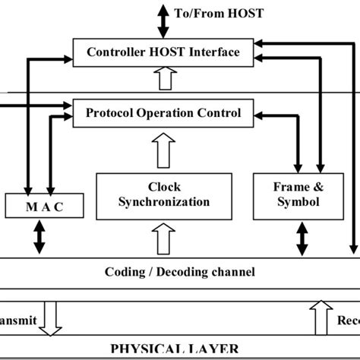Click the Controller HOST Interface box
pos(163,52)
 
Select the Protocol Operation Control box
pos(163,113)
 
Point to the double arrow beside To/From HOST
pos(163,15)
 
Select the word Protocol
pos(114,113)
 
